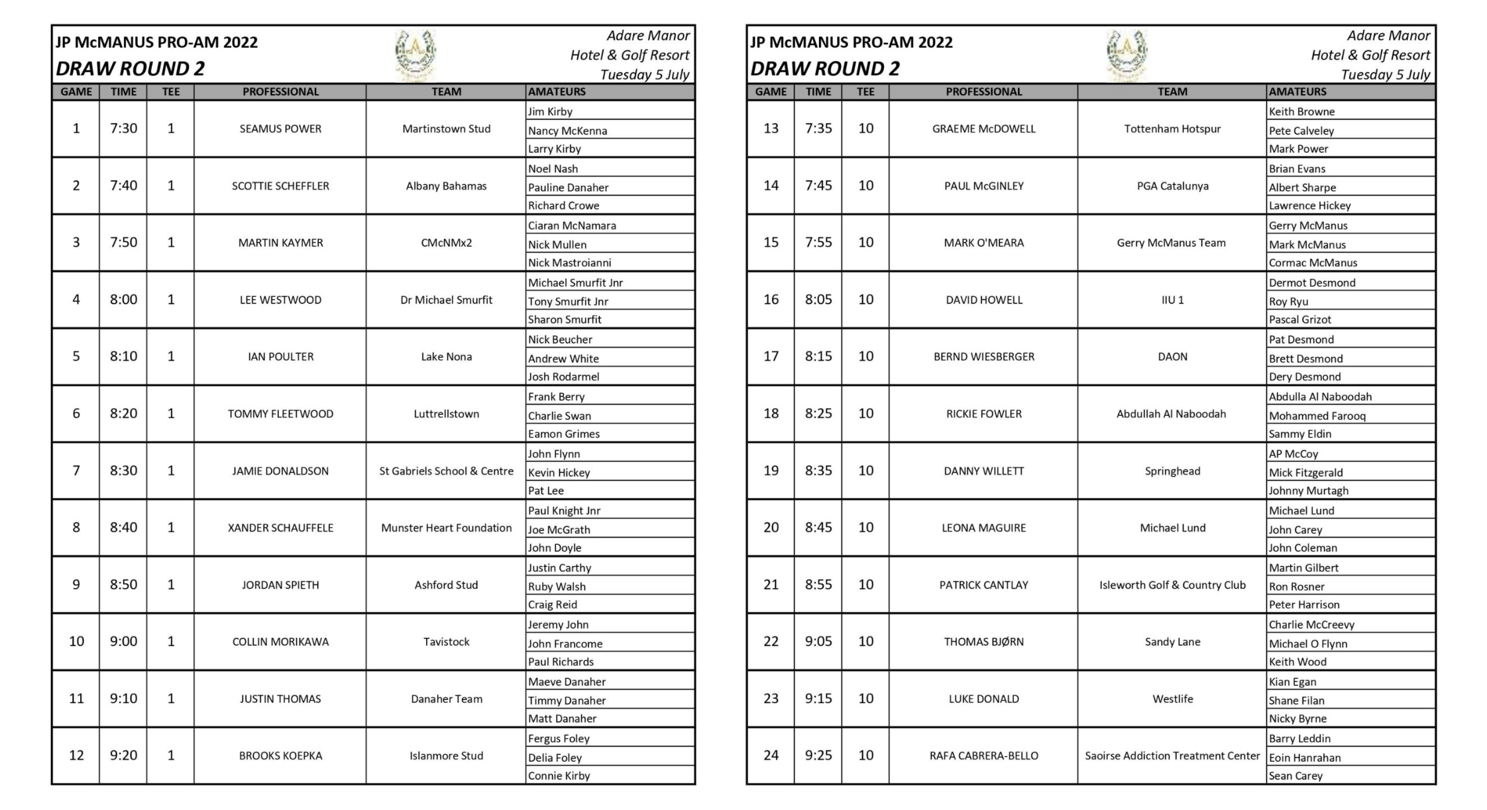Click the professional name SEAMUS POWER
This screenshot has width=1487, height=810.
tap(280, 129)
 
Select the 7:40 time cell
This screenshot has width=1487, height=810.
tap(123, 186)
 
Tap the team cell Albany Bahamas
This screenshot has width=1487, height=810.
tap(446, 186)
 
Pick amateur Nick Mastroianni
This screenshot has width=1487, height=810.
tap(569, 262)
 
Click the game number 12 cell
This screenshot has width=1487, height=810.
tap(76, 755)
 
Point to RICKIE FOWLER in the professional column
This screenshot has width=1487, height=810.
tap(983, 414)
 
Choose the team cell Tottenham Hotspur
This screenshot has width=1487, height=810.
tap(1172, 129)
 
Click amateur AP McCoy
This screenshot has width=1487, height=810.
tap(1293, 454)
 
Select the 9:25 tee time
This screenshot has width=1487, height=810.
tap(818, 755)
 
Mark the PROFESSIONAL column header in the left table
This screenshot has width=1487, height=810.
tap(280, 91)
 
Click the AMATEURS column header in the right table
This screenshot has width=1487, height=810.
tap(1297, 91)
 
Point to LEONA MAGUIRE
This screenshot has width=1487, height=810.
tap(983, 528)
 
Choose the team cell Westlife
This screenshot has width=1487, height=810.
tap(1172, 699)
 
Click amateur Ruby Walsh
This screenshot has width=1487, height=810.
tap(557, 587)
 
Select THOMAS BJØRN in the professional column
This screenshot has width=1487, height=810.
tap(983, 642)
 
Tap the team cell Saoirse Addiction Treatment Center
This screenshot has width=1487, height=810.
tap(1172, 756)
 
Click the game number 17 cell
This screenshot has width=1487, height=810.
tap(771, 357)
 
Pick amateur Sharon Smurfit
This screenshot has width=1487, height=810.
tap(565, 319)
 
